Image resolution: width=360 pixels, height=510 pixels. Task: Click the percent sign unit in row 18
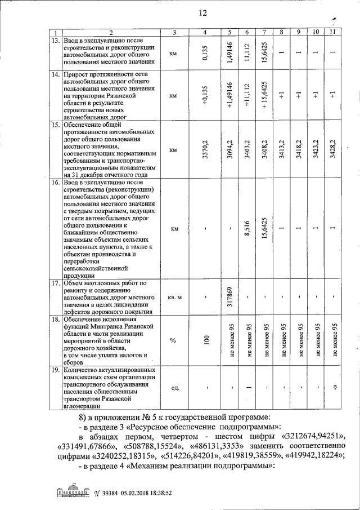point(174,340)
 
